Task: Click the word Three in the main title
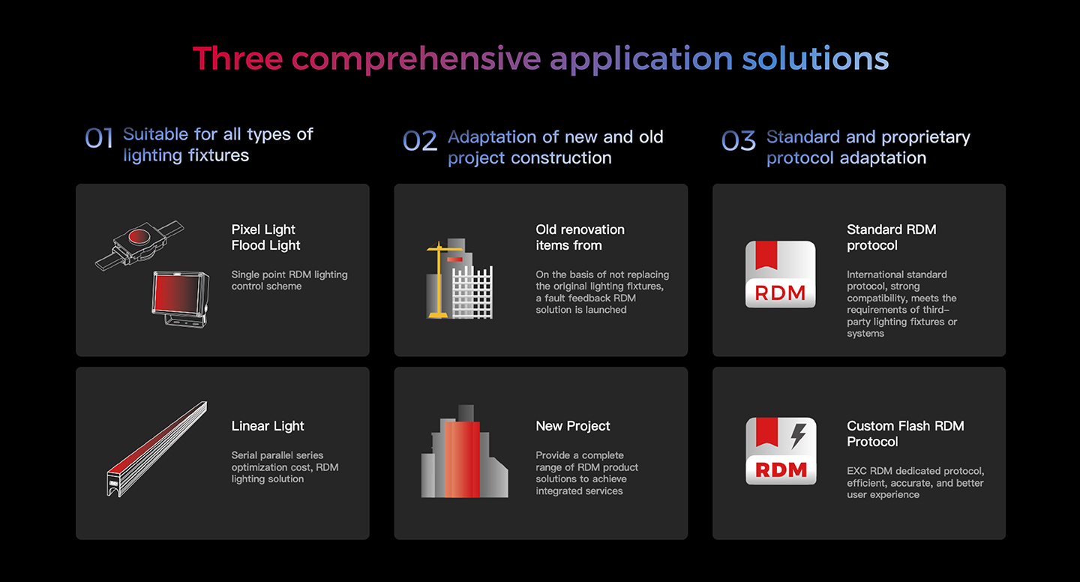click(x=238, y=58)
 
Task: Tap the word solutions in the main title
click(x=815, y=58)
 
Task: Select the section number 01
click(x=99, y=139)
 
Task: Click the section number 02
click(x=420, y=141)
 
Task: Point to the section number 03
click(x=739, y=141)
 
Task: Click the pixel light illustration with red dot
click(x=139, y=245)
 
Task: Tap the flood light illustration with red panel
click(x=181, y=299)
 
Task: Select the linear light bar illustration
click(x=157, y=449)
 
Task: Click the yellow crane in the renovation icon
click(x=439, y=280)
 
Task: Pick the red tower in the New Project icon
click(x=462, y=459)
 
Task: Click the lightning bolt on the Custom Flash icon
click(x=798, y=436)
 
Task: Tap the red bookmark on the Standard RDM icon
click(x=766, y=255)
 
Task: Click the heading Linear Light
click(x=268, y=426)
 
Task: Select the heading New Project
click(x=573, y=426)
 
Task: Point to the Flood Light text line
click(x=265, y=245)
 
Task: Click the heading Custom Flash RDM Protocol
click(x=905, y=434)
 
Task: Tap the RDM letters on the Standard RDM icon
click(x=780, y=292)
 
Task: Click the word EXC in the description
click(x=856, y=471)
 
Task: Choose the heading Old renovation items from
click(x=580, y=237)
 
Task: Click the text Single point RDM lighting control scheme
click(x=289, y=280)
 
